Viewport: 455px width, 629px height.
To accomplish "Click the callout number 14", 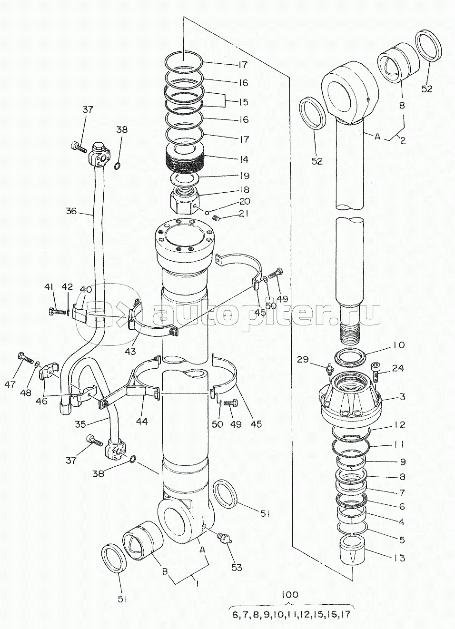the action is point(244,159).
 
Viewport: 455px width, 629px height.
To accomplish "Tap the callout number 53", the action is point(237,568).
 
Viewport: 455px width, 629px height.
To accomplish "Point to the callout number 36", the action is point(71,211).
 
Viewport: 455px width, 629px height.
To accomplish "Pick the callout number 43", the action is point(130,351).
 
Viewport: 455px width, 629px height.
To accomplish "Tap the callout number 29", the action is point(303,359).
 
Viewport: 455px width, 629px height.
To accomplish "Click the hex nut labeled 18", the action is point(185,200).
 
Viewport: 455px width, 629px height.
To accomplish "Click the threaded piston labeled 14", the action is point(185,161).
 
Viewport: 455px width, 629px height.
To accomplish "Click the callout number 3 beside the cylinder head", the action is point(403,397).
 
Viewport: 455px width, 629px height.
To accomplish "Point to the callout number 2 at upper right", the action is point(403,140).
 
